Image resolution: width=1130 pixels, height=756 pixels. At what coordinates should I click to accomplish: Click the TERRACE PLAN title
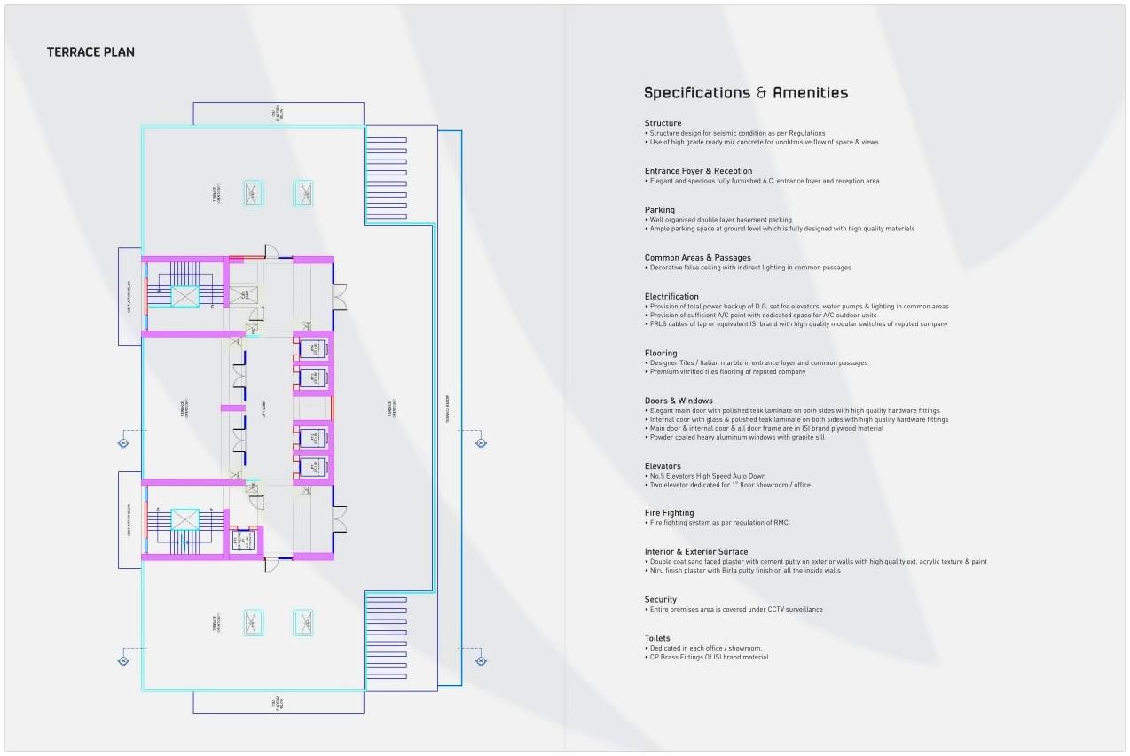pyautogui.click(x=90, y=52)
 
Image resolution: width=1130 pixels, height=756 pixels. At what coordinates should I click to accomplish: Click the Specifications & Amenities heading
pyautogui.click(x=745, y=93)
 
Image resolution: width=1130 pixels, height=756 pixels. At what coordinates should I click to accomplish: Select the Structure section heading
pyautogui.click(x=663, y=123)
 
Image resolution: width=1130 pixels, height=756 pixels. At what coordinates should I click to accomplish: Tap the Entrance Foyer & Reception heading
pyautogui.click(x=698, y=171)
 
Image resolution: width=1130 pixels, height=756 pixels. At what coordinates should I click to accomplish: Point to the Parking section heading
pyautogui.click(x=659, y=210)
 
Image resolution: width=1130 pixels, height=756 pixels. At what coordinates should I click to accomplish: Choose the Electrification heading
pyautogui.click(x=671, y=297)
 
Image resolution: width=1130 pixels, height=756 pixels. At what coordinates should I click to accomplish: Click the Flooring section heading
pyautogui.click(x=661, y=354)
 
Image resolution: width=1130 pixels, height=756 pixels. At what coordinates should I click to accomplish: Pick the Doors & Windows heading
pyautogui.click(x=679, y=401)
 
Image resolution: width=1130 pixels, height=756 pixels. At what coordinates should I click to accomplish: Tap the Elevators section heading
pyautogui.click(x=663, y=466)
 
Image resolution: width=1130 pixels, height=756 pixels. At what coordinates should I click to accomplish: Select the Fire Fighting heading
pyautogui.click(x=669, y=513)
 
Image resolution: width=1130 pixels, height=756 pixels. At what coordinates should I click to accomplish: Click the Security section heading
pyautogui.click(x=660, y=600)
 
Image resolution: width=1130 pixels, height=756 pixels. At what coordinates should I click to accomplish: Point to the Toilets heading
pyautogui.click(x=657, y=638)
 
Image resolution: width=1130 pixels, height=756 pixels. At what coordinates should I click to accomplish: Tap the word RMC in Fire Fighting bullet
pyautogui.click(x=781, y=523)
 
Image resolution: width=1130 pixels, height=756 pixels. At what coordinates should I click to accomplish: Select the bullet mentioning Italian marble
pyautogui.click(x=758, y=363)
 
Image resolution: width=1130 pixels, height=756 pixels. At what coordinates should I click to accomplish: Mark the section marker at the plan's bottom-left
pyautogui.click(x=123, y=660)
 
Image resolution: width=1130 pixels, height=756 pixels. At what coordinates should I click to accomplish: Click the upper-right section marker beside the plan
pyautogui.click(x=481, y=443)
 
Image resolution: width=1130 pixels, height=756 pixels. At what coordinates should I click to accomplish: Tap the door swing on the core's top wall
pyautogui.click(x=271, y=253)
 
